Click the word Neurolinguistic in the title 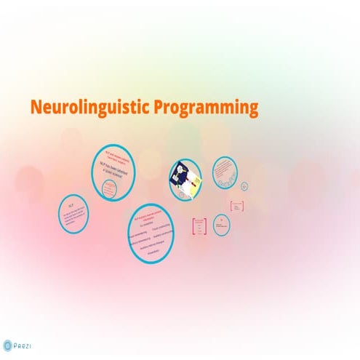(x=89, y=108)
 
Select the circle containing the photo (x=185, y=179)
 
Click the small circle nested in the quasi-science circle (x=109, y=189)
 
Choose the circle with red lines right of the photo (x=225, y=172)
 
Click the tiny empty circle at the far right (x=244, y=185)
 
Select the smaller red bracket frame (x=236, y=206)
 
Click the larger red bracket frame (x=199, y=226)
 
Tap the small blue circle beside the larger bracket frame (x=221, y=224)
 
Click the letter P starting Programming (x=158, y=108)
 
